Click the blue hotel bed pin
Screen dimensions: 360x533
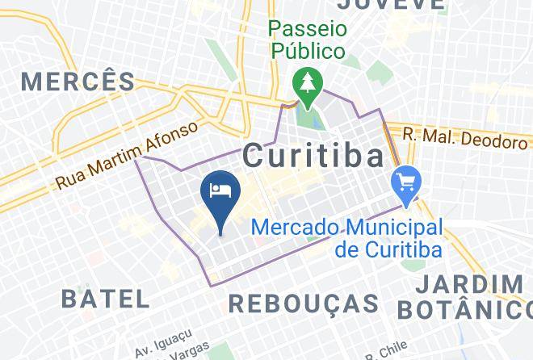[x=220, y=195]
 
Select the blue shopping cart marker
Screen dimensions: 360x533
[x=405, y=182]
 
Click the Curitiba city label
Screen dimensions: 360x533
[x=313, y=155]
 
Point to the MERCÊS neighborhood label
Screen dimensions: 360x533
[x=78, y=81]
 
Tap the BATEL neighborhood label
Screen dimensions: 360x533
[x=106, y=298]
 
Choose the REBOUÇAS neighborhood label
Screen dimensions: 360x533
[x=304, y=303]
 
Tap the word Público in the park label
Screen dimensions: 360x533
[x=307, y=51]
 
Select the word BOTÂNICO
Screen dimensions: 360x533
[x=463, y=310]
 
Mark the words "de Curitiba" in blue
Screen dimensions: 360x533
[x=388, y=249]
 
